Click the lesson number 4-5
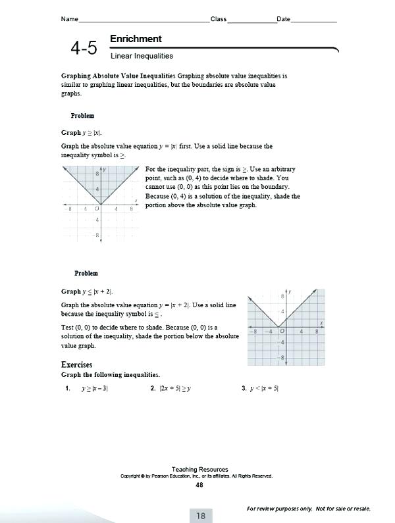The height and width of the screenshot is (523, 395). [x=84, y=48]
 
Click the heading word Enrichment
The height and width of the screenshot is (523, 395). [x=136, y=39]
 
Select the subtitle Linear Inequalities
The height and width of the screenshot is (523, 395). [x=142, y=57]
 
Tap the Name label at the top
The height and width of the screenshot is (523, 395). [x=70, y=19]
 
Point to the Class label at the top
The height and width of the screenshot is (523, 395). [x=218, y=19]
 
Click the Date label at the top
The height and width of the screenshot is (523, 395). [x=283, y=19]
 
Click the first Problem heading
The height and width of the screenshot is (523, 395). [x=82, y=116]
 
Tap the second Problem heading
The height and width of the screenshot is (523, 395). [x=86, y=273]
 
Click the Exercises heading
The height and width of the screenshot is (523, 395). [x=76, y=364]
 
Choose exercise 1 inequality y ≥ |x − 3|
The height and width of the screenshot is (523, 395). [x=94, y=389]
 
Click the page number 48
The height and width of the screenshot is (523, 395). [x=199, y=485]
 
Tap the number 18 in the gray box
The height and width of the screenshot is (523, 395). [x=200, y=516]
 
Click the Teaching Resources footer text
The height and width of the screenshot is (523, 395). [x=199, y=469]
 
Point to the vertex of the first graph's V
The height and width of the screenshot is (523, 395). [x=100, y=204]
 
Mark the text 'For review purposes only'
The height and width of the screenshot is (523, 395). [x=279, y=509]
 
